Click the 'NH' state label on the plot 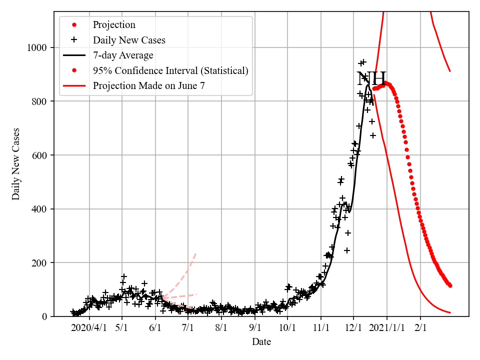tap(371, 79)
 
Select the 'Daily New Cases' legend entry tap(129, 40)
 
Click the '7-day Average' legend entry tap(123, 55)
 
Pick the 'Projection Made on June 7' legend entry tap(148, 85)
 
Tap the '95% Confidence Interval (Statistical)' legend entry tap(170, 70)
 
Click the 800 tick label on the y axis tap(39, 101)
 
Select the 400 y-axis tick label tap(39, 209)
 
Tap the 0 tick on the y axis tap(44, 316)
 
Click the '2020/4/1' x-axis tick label tap(88, 328)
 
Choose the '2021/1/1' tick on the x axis tap(387, 328)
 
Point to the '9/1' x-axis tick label tap(255, 328)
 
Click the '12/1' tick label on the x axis tap(353, 328)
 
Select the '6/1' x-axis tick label tap(155, 328)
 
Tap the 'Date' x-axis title tap(261, 342)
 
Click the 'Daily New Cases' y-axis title tap(16, 164)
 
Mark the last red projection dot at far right tap(450, 285)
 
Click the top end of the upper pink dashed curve tap(195, 253)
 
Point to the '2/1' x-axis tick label tap(420, 328)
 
